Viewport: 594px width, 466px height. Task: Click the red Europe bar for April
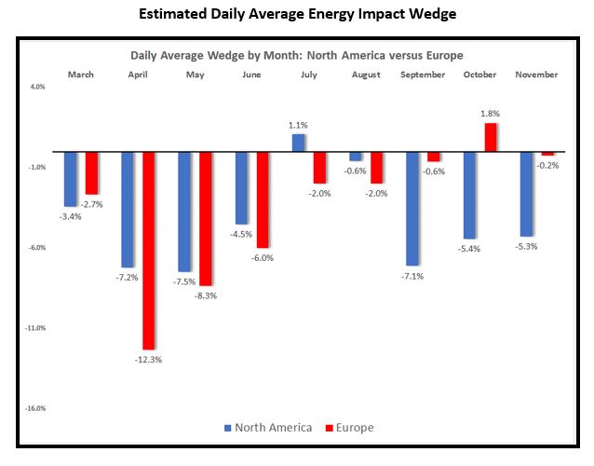(x=149, y=250)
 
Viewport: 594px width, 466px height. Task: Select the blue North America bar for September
(x=412, y=208)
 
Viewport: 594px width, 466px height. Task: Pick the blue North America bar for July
(x=298, y=143)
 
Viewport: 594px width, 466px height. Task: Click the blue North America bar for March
(x=71, y=179)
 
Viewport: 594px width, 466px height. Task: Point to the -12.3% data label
(x=149, y=360)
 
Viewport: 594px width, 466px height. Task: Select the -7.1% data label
(x=412, y=277)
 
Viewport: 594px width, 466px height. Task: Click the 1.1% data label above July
(x=298, y=124)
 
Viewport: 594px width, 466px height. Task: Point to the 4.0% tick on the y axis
(x=37, y=87)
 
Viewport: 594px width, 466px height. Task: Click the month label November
(x=536, y=75)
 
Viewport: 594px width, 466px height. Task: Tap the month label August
(x=366, y=75)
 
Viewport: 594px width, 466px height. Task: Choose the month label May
(x=196, y=75)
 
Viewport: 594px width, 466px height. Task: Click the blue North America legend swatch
(x=228, y=428)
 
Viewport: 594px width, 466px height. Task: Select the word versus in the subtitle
(x=392, y=55)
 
